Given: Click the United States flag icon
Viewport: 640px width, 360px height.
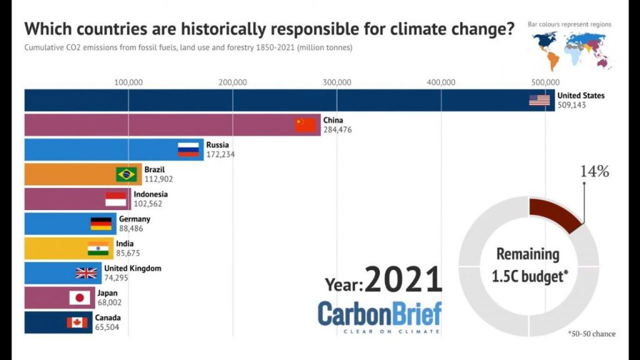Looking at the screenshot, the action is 539,100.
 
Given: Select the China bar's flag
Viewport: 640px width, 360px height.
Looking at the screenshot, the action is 306,125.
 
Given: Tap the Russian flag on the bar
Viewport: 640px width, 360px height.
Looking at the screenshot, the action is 188,149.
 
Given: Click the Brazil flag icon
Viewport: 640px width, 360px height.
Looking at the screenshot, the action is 126,174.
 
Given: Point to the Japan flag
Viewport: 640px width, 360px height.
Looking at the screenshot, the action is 79,298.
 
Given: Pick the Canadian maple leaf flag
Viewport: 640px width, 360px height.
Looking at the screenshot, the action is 77,322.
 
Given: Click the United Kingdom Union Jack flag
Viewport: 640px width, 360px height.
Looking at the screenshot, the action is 86,273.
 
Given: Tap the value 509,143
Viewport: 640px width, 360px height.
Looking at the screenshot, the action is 571,105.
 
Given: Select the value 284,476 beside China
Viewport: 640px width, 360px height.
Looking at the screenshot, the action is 337,130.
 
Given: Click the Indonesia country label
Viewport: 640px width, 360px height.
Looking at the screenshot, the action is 151,194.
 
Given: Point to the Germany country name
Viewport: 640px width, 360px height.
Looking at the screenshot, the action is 135,219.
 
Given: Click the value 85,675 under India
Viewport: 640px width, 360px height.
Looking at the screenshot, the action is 127,253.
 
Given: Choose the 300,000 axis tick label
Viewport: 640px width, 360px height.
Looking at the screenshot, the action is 337,82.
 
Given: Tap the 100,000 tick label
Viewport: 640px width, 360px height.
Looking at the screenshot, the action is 129,82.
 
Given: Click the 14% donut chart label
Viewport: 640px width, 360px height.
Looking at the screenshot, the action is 595,171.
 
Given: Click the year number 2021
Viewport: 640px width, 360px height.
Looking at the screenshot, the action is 403,279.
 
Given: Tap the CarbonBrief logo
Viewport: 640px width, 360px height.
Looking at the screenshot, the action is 379,317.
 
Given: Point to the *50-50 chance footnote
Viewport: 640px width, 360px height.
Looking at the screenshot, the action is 591,334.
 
